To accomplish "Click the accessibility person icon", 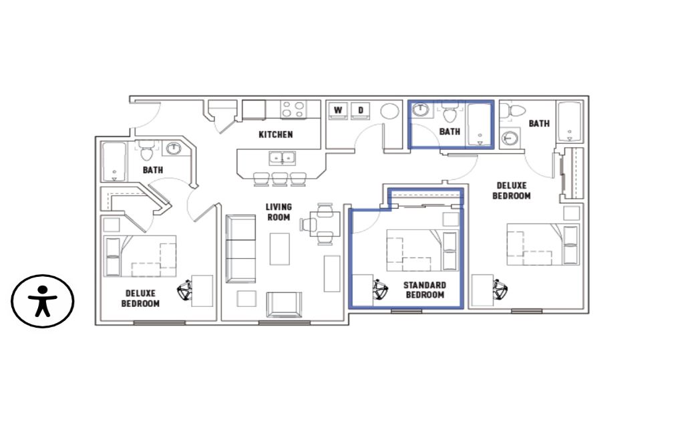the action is coord(42,301).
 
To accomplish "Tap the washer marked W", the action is coord(338,110).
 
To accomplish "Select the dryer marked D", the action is coord(360,110).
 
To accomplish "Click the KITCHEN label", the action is coord(276,134).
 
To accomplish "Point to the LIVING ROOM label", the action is coord(279,212).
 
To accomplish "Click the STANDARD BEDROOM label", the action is coord(424,290).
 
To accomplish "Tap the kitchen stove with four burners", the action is coord(293,109).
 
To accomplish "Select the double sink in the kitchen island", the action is coord(282,158).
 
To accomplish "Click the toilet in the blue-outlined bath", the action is coord(450,112).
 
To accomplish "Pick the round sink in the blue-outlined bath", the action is coord(421,110).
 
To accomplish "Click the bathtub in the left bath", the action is coord(114,162).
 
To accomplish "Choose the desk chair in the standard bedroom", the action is coord(380,290).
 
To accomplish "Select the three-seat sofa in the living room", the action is coord(240,249).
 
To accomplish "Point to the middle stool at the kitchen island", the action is coord(280,179).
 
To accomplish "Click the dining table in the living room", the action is coord(325,224).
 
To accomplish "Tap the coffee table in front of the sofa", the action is coord(280,249).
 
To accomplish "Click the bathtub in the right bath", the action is coord(570,122).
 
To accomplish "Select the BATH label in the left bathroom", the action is coord(153,170).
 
